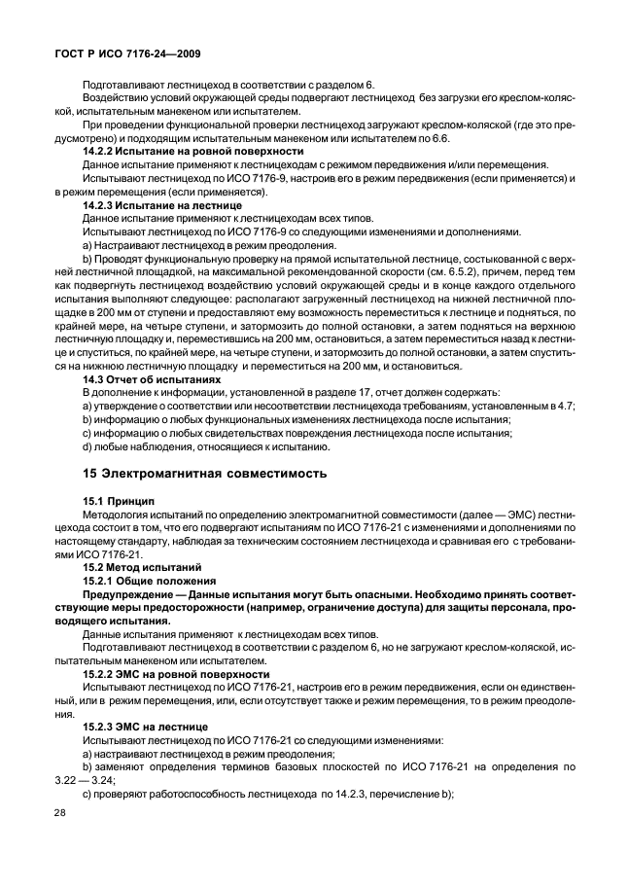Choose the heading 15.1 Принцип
click(x=119, y=500)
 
